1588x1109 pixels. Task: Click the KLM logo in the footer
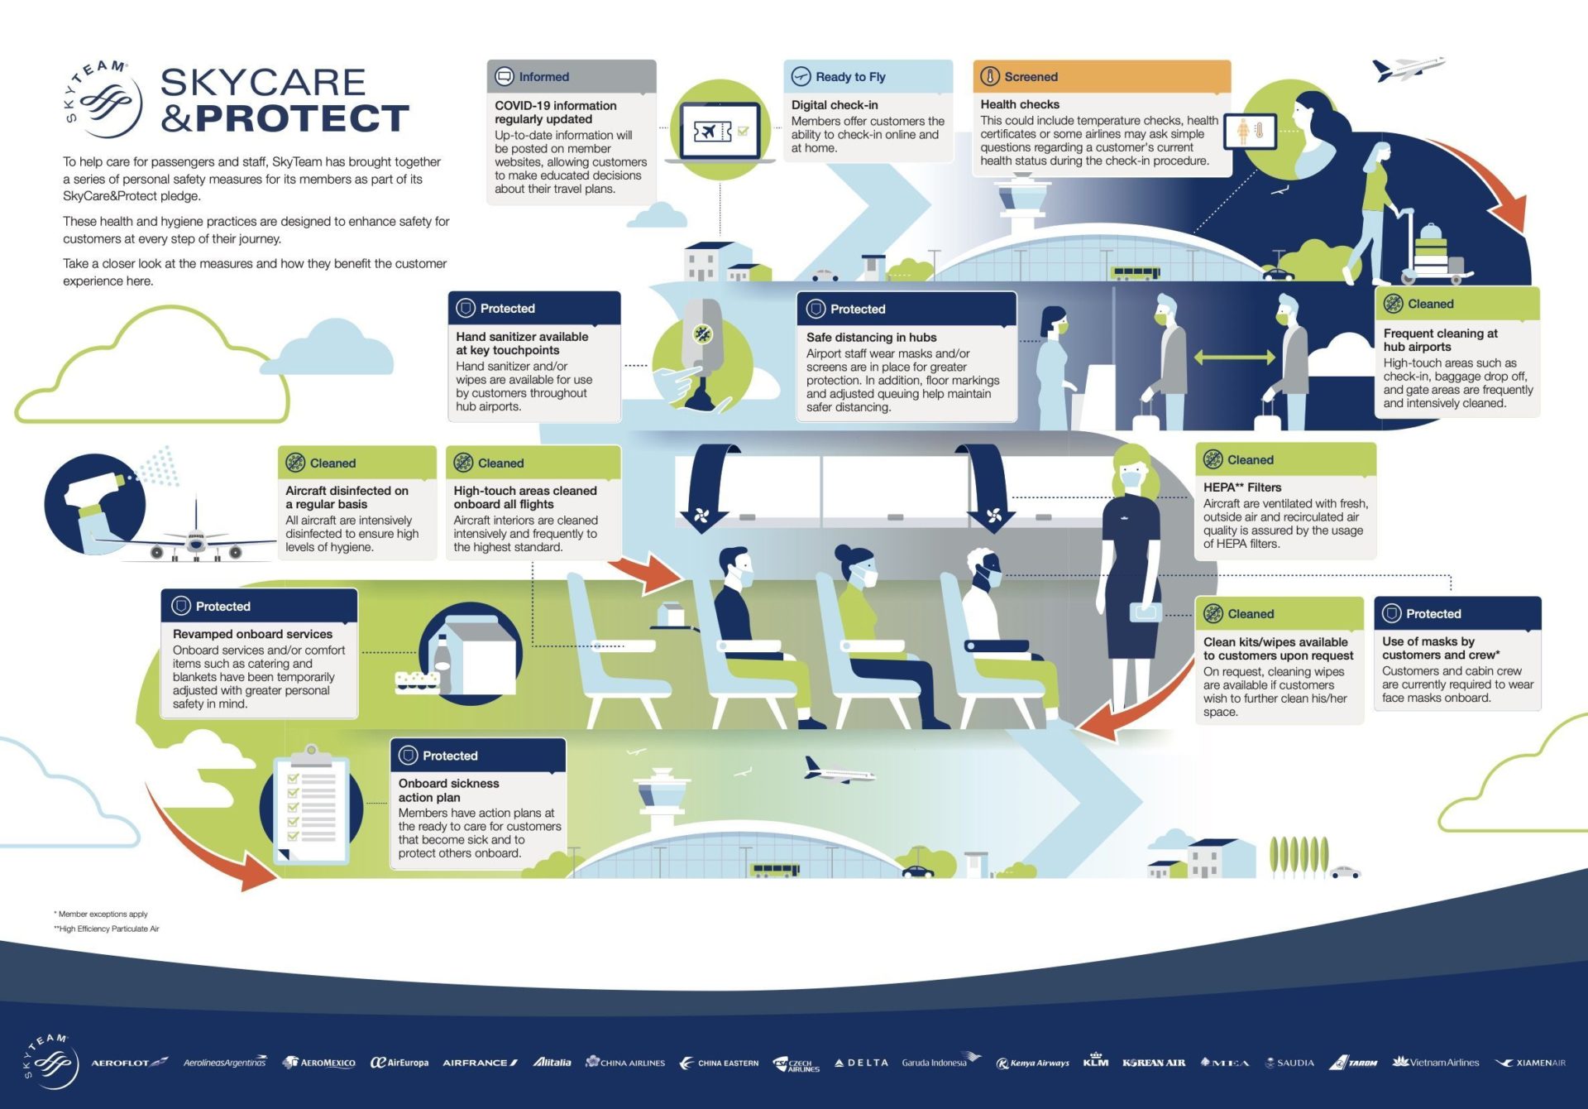point(1095,1060)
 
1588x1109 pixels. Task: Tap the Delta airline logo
point(861,1063)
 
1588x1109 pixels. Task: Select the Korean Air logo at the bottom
point(1154,1063)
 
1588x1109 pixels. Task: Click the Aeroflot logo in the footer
point(129,1063)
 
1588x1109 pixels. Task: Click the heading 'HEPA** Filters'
point(1242,487)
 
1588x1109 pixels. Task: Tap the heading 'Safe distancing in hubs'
point(872,337)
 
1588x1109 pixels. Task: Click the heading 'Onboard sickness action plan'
point(449,790)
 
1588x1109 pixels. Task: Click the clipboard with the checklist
point(312,804)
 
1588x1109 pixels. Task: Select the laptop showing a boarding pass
point(720,132)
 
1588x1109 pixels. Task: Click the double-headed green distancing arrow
point(1234,358)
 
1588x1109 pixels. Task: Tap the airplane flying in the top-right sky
point(1408,68)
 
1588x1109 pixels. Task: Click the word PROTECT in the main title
point(302,118)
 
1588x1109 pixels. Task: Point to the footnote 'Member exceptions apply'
point(101,915)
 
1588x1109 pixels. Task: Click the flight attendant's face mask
point(1131,478)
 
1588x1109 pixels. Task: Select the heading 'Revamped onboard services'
point(252,634)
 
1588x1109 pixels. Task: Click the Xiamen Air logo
point(1531,1063)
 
